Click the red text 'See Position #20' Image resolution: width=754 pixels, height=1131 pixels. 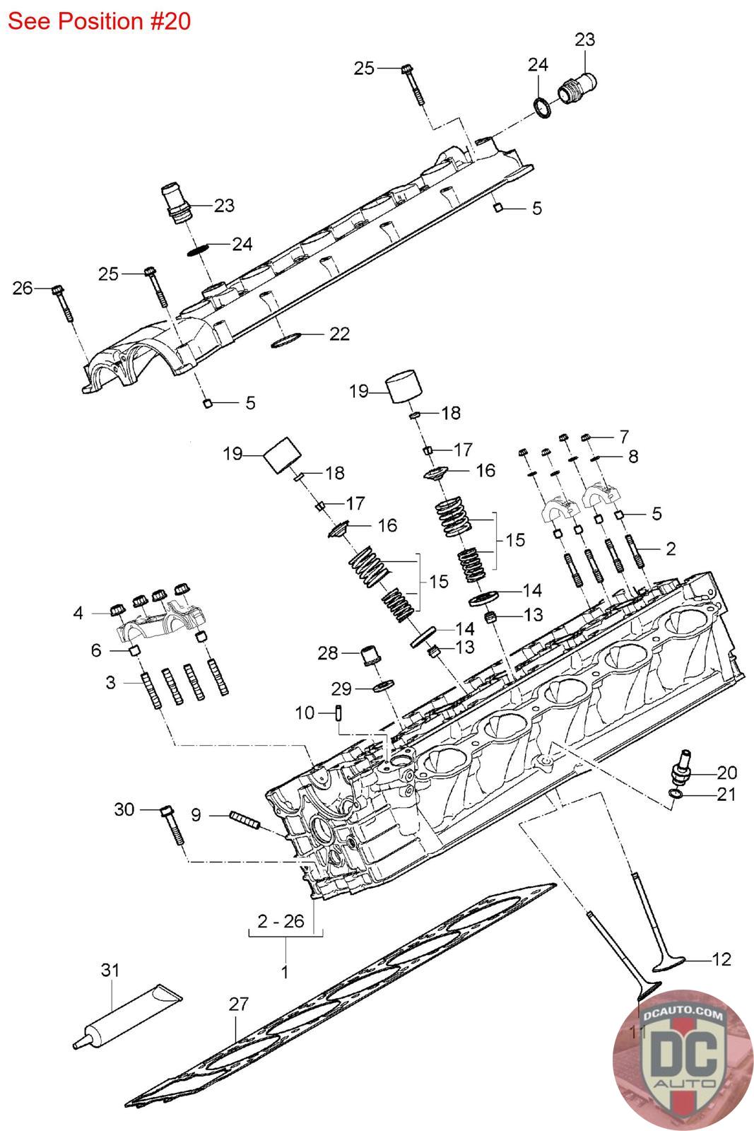coord(99,21)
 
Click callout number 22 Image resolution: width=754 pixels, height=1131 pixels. coord(339,333)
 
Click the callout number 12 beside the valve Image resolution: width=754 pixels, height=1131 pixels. coord(721,959)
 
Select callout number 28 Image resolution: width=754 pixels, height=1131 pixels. coord(328,652)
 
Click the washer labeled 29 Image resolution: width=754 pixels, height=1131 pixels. coord(383,687)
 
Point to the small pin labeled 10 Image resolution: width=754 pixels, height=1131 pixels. coord(339,712)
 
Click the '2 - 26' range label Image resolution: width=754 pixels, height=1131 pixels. coord(281,921)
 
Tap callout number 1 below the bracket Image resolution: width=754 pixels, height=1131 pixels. coord(284,972)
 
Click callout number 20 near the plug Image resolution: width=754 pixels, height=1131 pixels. coord(726,772)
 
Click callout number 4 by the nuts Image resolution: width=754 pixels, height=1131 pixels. coord(78,612)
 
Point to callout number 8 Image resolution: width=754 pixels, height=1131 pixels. coord(632,456)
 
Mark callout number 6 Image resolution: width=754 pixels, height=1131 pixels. coord(96,650)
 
